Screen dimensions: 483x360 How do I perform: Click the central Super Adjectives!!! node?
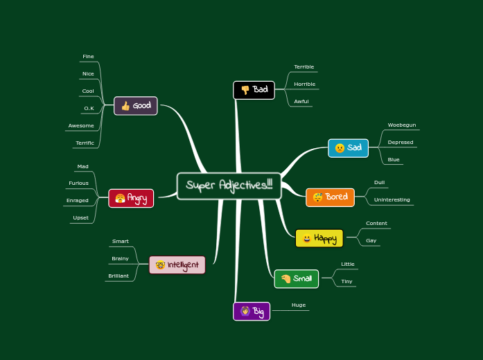(x=229, y=186)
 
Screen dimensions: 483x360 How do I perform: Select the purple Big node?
(x=252, y=312)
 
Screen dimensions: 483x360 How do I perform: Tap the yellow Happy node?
(x=319, y=239)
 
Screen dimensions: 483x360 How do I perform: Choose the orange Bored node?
(x=330, y=197)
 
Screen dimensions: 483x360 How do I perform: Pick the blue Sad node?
(x=348, y=148)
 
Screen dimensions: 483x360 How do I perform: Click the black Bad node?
(x=254, y=90)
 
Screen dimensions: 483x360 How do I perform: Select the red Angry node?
(x=131, y=199)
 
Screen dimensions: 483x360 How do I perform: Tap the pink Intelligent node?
(x=177, y=265)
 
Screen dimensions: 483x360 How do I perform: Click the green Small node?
(x=297, y=279)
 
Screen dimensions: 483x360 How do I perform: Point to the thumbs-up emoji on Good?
(x=125, y=106)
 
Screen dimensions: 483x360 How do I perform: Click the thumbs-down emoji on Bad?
(x=245, y=90)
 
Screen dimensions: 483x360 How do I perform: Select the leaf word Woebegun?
(x=402, y=125)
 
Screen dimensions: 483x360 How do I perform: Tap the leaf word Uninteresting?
(x=392, y=200)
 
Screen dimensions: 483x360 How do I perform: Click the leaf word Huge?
(x=299, y=305)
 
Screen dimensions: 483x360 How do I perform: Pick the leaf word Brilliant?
(x=118, y=276)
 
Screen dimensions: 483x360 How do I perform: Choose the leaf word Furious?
(x=79, y=183)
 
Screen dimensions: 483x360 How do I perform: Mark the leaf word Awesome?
(x=81, y=126)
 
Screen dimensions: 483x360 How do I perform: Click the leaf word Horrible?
(x=304, y=84)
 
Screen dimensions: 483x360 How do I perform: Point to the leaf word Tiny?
(x=346, y=282)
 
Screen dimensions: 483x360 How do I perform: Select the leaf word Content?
(x=376, y=224)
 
